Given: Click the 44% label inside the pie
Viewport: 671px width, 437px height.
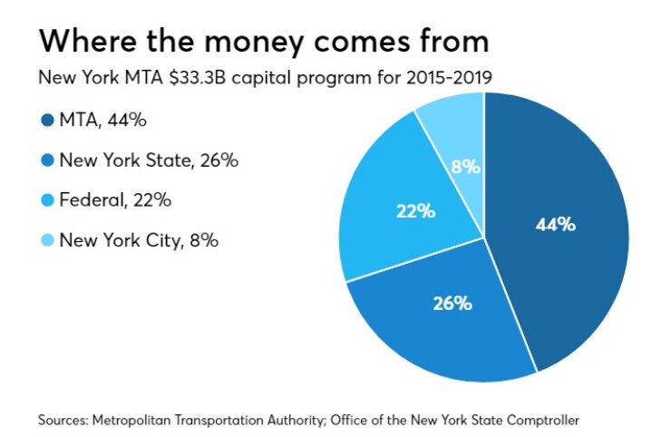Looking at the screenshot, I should pyautogui.click(x=555, y=224).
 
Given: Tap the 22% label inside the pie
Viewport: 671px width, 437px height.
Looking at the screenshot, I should pyautogui.click(x=414, y=211).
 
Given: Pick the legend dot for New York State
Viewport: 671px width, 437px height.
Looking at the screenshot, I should pyautogui.click(x=46, y=161).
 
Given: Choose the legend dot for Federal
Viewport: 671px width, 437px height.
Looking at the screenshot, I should pyautogui.click(x=46, y=201).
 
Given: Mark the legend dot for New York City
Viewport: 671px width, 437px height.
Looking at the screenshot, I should pyautogui.click(x=46, y=241).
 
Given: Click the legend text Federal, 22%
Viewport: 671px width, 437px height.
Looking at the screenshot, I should pyautogui.click(x=115, y=201).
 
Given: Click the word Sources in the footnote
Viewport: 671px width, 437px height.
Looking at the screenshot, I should pyautogui.click(x=64, y=420).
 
